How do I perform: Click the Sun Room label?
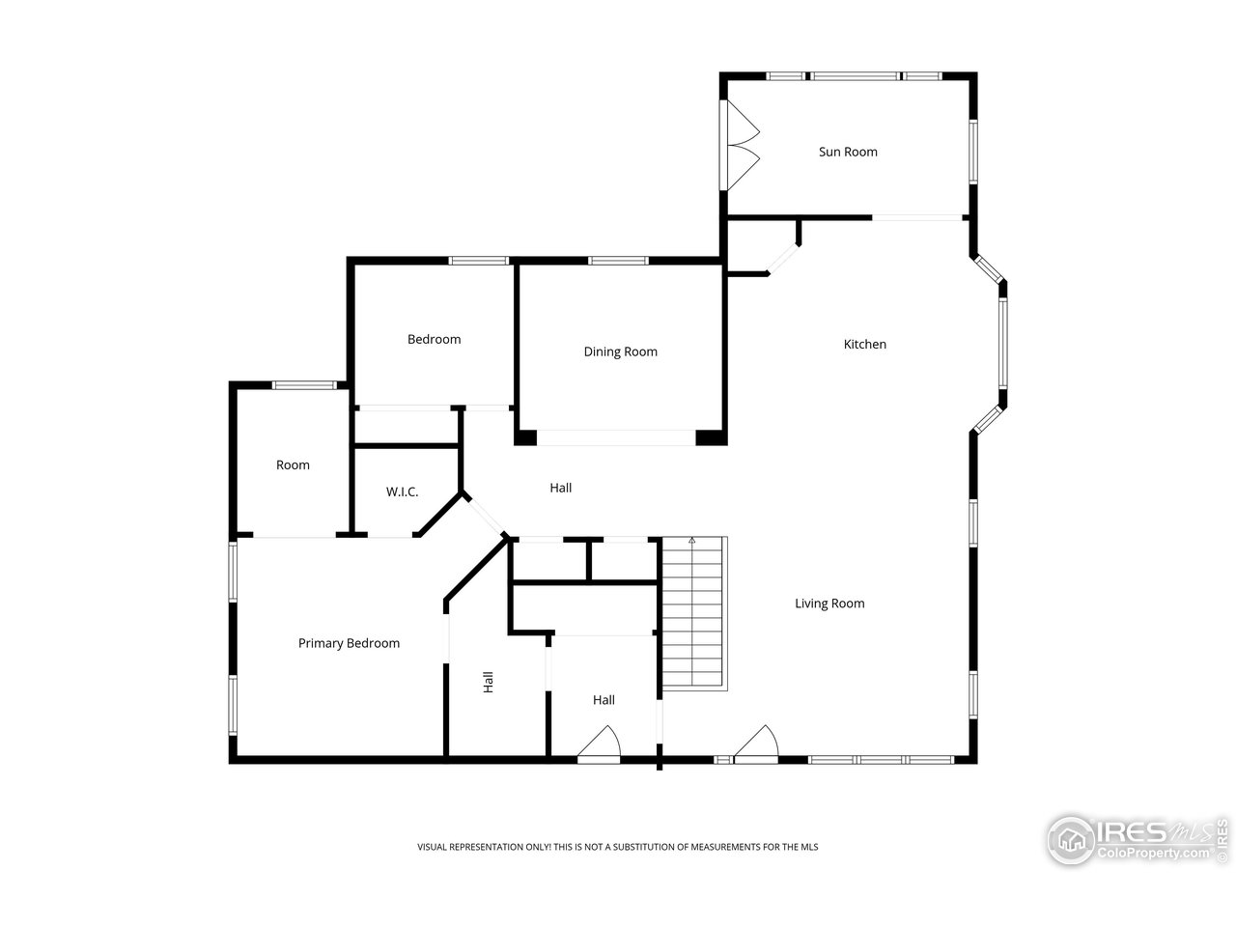[848, 152]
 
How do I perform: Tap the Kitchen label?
[864, 344]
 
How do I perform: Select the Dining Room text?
[620, 351]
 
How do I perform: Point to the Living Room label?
[829, 604]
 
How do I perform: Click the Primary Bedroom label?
[349, 643]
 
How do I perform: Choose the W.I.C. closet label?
[402, 492]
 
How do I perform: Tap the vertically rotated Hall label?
[489, 682]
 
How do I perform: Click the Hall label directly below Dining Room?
[560, 488]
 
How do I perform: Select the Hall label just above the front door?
[604, 700]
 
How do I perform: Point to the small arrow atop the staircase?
[691, 543]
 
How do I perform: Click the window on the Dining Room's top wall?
[618, 260]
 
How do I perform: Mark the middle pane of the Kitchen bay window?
[1002, 343]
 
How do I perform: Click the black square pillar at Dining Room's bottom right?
[711, 437]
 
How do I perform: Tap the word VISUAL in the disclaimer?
[434, 847]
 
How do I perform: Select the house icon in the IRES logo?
[1071, 838]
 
